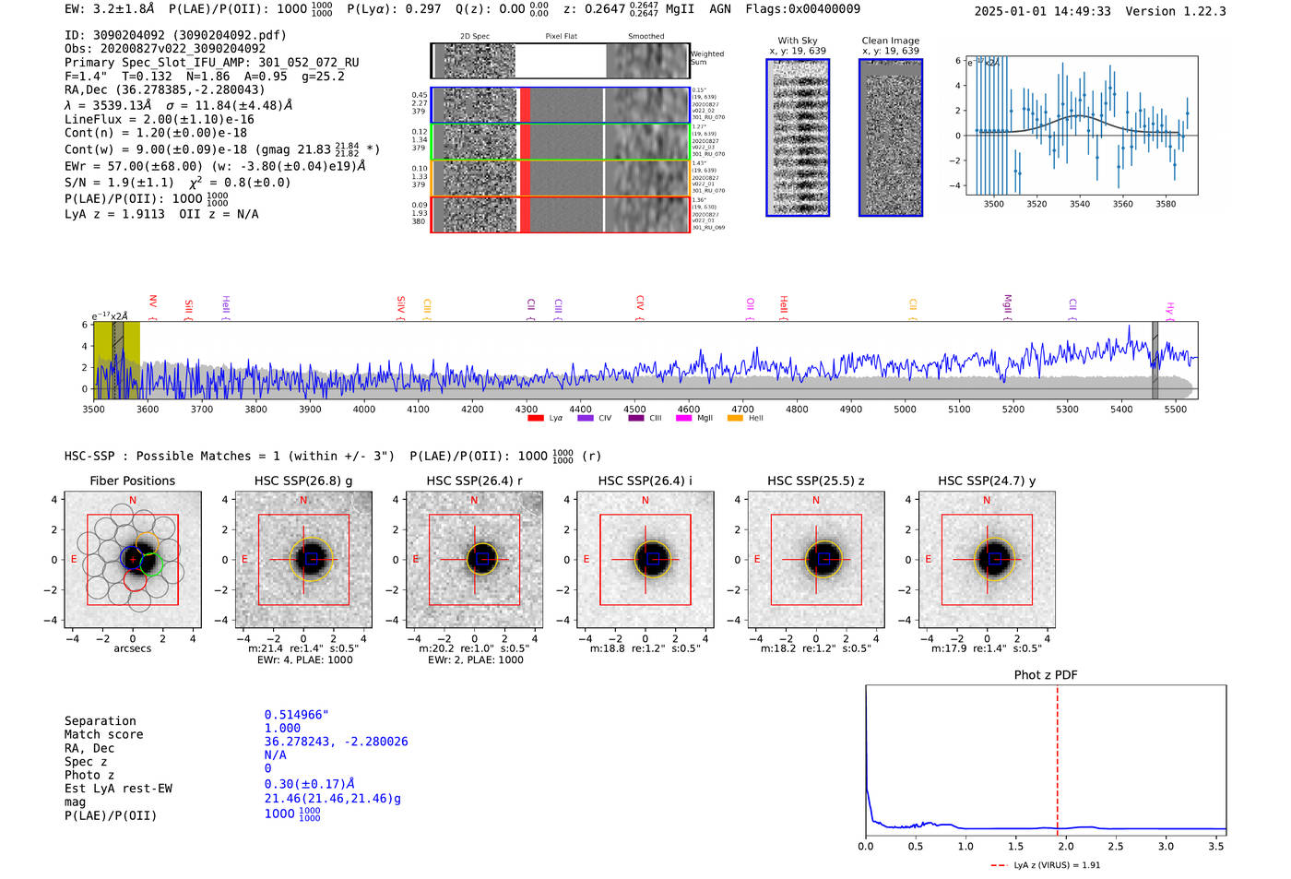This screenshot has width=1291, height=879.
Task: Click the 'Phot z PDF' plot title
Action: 1046,675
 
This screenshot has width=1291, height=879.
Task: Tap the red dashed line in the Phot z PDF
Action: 1058,756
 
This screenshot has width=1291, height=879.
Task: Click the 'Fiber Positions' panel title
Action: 132,481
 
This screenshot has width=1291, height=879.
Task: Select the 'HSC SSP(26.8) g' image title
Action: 303,481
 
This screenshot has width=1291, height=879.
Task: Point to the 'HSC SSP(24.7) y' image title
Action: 987,481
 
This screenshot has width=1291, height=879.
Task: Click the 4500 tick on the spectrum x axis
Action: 634,410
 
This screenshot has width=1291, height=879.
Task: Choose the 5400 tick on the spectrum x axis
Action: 1121,410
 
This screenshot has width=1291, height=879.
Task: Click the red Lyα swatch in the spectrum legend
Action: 536,419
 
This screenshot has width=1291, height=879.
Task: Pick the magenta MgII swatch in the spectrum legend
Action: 683,419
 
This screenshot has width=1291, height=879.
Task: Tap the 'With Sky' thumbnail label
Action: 798,41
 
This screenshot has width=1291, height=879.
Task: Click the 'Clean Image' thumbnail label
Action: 891,41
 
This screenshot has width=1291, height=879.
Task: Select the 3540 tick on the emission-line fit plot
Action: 1080,204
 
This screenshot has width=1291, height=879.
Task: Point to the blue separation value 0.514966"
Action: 297,715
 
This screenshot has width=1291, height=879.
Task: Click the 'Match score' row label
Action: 103,735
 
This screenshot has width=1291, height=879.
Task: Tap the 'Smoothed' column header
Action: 645,37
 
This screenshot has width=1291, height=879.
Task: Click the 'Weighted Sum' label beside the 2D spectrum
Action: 707,58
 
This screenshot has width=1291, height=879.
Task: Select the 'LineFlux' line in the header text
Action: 159,119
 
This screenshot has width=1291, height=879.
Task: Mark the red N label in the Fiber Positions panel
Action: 133,501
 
